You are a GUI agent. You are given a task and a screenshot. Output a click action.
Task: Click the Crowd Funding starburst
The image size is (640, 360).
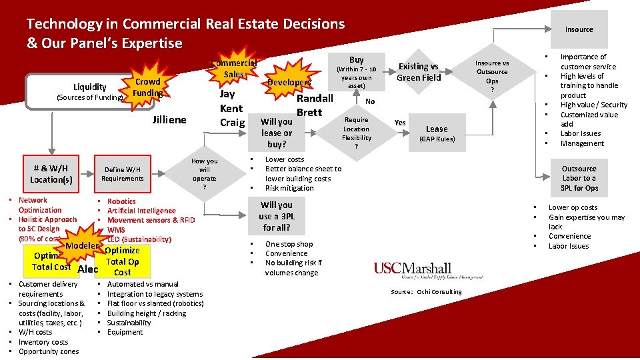(x=147, y=87)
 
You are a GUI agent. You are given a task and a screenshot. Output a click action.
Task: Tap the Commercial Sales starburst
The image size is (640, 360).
(x=233, y=68)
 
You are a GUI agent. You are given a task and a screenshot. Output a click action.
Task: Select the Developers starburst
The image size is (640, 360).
(x=289, y=82)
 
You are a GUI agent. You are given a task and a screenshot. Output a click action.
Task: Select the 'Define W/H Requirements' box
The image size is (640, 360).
(x=123, y=173)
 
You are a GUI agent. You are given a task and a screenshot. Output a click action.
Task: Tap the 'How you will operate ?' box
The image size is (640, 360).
(x=204, y=174)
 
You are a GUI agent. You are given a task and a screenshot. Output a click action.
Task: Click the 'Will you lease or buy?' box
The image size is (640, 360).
(x=276, y=132)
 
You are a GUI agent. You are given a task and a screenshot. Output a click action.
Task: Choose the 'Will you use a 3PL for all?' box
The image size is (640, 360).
(x=276, y=216)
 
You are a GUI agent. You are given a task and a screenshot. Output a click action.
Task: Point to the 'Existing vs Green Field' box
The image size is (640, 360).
(x=419, y=71)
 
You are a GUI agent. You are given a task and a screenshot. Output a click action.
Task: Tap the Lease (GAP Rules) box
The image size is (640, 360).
(x=437, y=133)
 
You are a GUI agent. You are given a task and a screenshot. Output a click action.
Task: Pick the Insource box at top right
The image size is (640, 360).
(x=579, y=29)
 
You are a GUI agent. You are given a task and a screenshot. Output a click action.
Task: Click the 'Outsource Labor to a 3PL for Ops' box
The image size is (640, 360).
(x=579, y=178)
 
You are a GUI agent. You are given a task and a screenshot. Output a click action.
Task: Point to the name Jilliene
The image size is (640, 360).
(x=169, y=120)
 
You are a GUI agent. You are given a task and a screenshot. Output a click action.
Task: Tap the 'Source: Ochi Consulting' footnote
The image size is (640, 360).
(x=425, y=291)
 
